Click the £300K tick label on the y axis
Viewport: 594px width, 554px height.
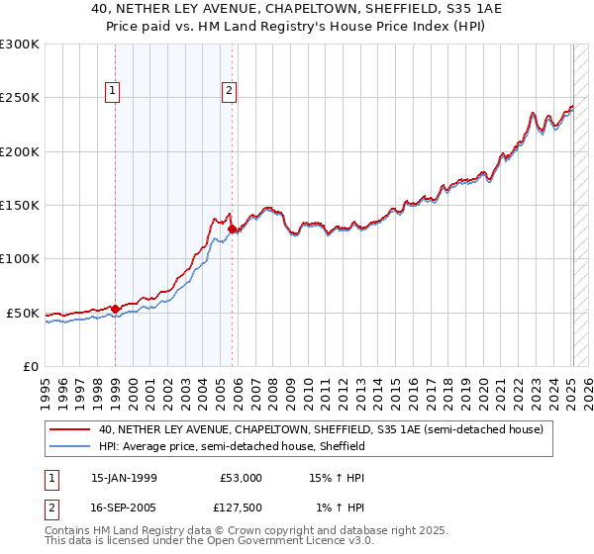click(20, 45)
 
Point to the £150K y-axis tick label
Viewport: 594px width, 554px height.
click(20, 206)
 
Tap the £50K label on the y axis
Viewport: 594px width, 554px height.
click(23, 313)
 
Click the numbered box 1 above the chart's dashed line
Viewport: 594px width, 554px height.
click(113, 92)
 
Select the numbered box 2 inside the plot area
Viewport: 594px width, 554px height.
click(230, 92)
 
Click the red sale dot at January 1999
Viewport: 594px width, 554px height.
click(116, 310)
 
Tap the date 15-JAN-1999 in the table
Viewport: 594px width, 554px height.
click(124, 478)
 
